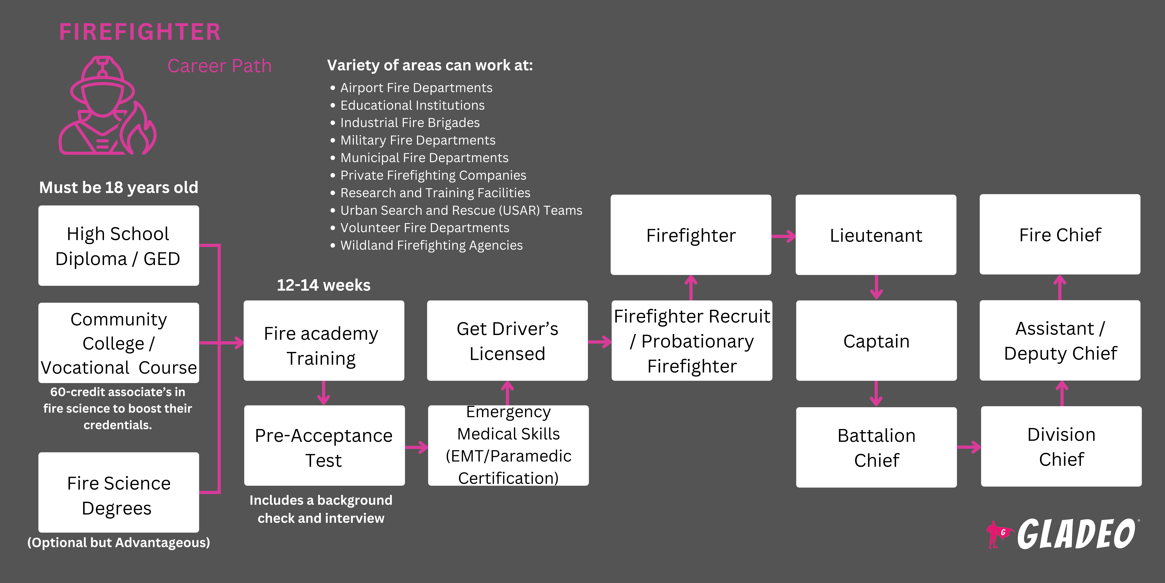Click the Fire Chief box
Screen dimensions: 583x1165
tap(1060, 234)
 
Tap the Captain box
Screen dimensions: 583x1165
tap(876, 340)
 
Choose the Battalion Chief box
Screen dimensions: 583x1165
tap(876, 447)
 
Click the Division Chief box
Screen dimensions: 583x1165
tap(1061, 446)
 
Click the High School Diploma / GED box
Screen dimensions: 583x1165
tap(118, 246)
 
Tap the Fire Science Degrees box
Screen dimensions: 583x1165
tap(118, 492)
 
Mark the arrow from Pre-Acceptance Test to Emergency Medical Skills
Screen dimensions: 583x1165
tap(416, 447)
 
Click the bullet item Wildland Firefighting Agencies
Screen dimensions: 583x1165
tap(431, 245)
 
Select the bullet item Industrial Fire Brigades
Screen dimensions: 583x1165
tap(410, 123)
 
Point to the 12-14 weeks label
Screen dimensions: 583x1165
tap(323, 285)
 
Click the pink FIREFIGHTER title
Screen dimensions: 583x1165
tap(140, 32)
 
